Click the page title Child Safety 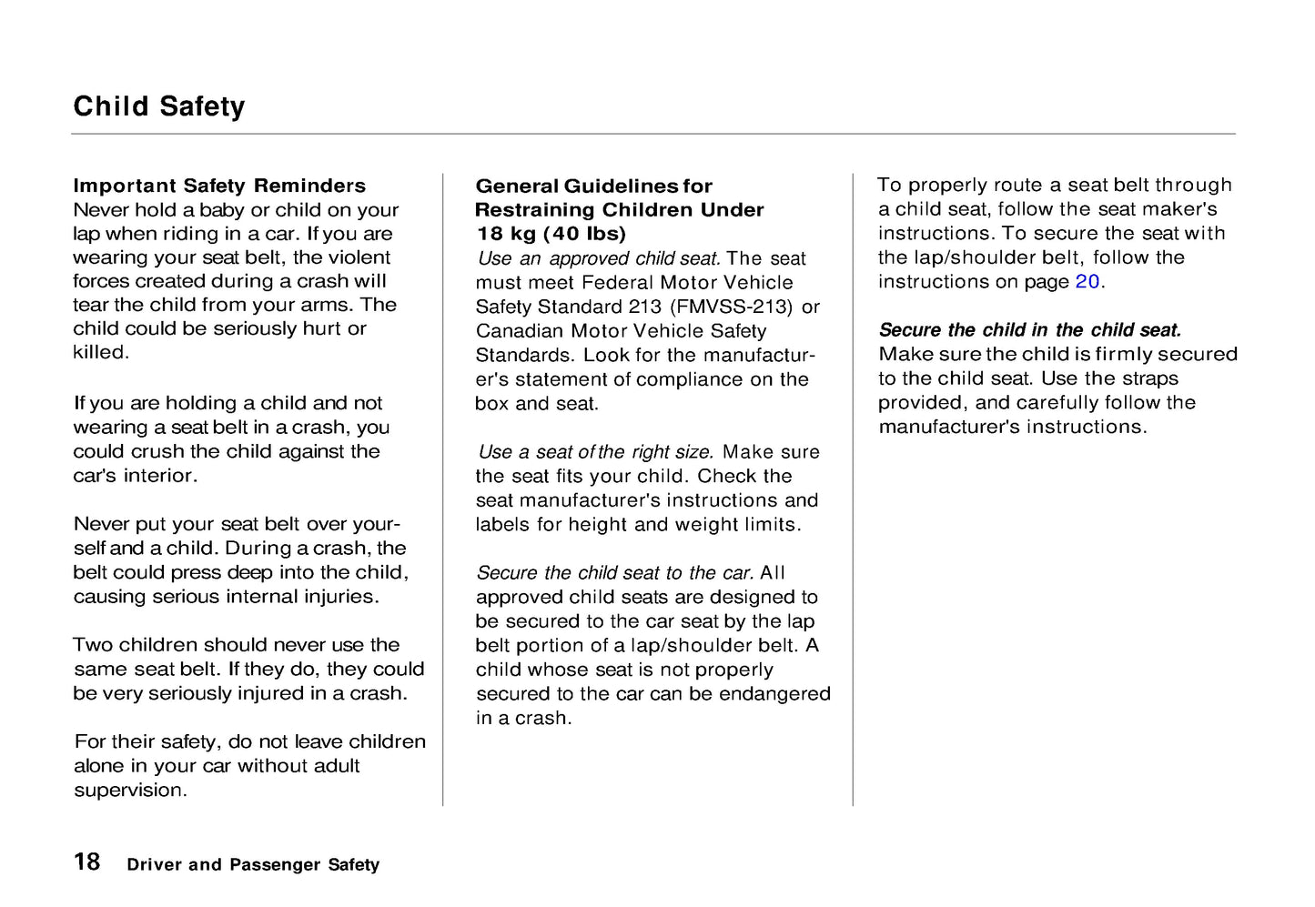[x=159, y=106]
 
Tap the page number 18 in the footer [x=87, y=862]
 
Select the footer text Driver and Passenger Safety [x=253, y=865]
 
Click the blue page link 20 [x=1087, y=282]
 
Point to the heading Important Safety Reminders [x=219, y=186]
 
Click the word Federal [x=620, y=283]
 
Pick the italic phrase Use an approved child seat [x=600, y=258]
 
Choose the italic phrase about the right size [x=597, y=452]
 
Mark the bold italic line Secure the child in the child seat [x=1030, y=330]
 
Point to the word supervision [x=129, y=790]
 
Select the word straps [x=1149, y=378]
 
